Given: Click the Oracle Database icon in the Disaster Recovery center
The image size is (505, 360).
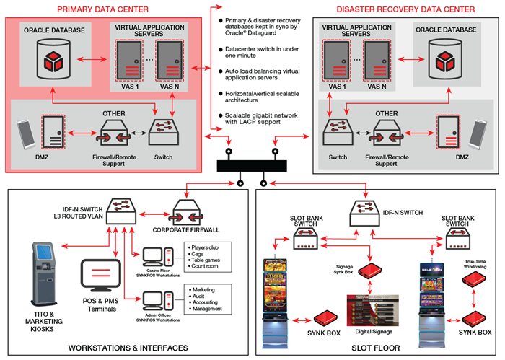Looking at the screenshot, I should point(442,61).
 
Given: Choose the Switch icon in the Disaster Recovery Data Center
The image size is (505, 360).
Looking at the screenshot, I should point(335,134).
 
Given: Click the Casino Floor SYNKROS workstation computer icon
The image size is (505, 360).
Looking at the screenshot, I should point(156,255).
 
